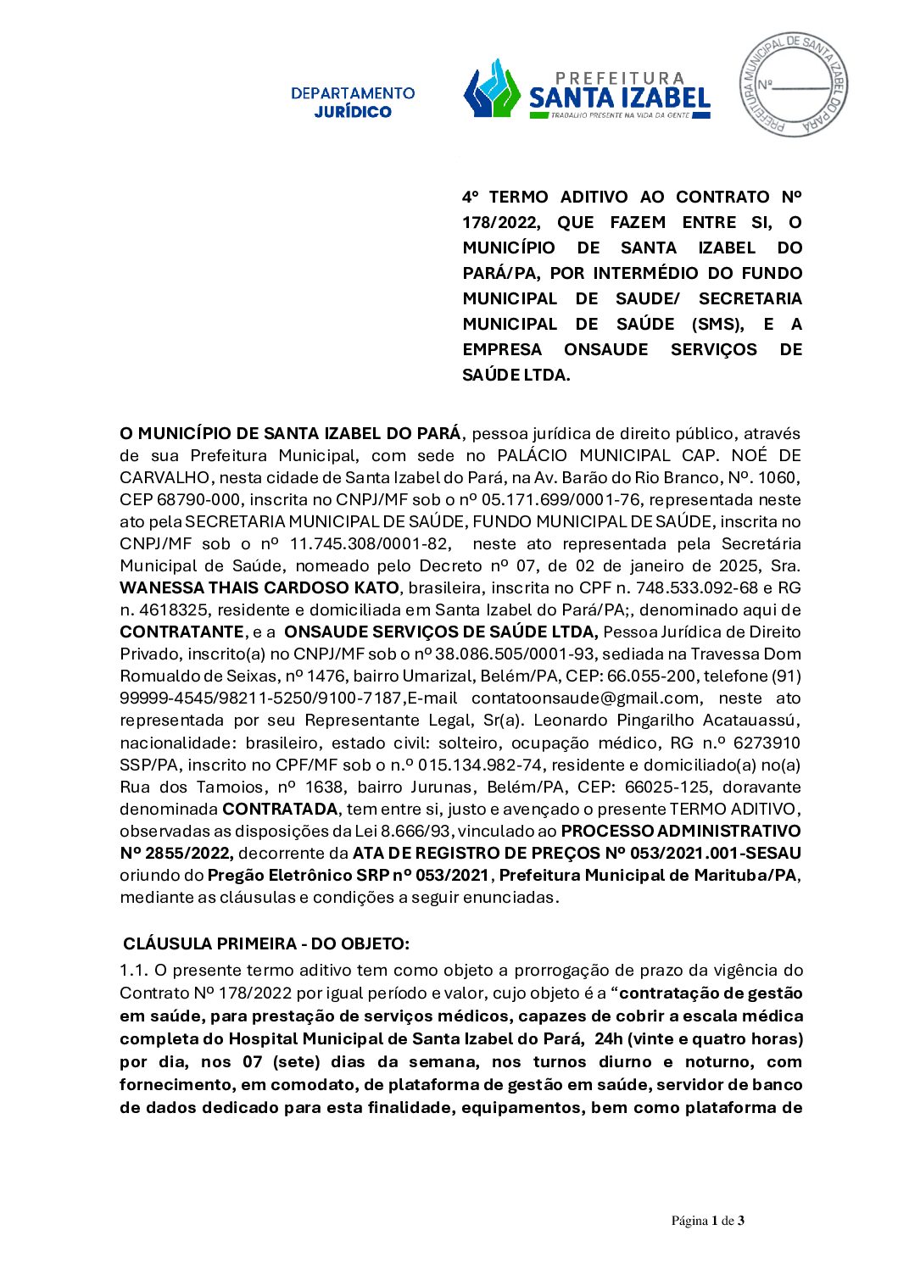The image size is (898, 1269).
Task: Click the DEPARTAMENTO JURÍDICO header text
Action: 353,102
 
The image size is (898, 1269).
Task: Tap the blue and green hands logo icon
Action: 492,88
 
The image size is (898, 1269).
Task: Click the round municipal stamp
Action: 794,84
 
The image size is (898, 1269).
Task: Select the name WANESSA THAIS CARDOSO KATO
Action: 259,588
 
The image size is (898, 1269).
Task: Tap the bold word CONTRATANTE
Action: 181,632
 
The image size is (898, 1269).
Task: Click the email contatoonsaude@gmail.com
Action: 585,699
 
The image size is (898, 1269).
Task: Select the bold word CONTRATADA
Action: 280,810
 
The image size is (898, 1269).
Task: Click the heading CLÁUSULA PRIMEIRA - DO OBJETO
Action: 266,944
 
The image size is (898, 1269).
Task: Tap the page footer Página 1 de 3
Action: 708,1221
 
